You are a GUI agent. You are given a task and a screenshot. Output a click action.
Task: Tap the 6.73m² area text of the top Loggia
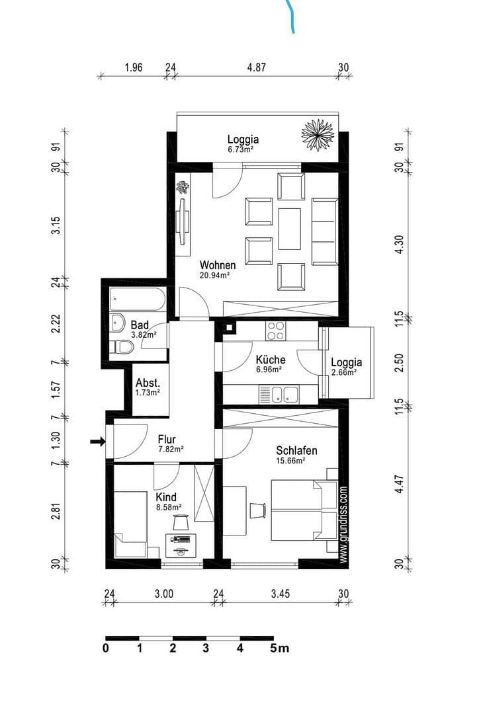pos(241,150)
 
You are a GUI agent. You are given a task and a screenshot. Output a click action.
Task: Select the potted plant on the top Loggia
pos(318,134)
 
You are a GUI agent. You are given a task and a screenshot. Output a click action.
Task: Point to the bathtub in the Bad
pos(138,299)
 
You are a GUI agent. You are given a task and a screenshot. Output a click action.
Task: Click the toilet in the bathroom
pos(122,347)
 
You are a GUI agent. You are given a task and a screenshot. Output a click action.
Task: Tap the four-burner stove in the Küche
pos(275,329)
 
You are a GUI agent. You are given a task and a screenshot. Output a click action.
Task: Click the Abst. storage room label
pos(147,383)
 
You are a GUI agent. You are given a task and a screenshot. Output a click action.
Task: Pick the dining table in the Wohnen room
pos(290,229)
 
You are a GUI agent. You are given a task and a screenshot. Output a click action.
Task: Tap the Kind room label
pos(166,496)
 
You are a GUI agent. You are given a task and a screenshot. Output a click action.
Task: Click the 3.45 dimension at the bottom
pos(281,594)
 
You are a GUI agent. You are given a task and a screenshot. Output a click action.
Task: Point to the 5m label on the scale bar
pos(279,649)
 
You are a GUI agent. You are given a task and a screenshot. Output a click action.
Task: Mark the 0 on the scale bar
pos(106,649)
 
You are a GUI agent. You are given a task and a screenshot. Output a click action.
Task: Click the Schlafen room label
pos(296,451)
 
